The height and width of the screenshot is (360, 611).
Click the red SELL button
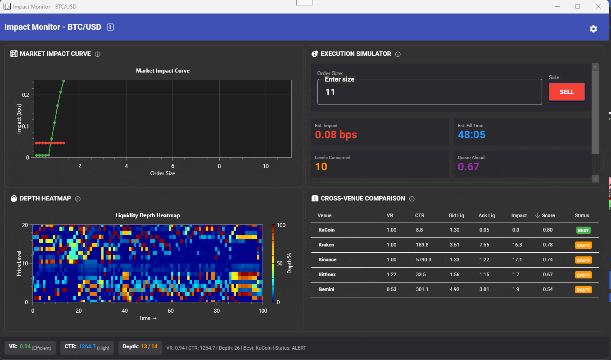point(566,92)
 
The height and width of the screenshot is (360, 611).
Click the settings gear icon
point(593,29)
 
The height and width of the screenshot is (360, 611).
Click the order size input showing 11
point(429,92)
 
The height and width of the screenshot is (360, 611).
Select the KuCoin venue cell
point(326,230)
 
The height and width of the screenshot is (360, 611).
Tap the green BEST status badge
point(583,231)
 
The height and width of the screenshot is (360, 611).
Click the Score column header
point(548,215)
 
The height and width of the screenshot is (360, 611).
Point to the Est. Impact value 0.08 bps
point(336,135)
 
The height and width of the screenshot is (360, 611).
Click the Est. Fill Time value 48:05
point(471,135)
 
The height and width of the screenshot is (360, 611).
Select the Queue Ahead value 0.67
point(468,167)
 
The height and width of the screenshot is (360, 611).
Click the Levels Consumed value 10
point(321,167)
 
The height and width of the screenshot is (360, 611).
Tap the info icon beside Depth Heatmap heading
point(78,199)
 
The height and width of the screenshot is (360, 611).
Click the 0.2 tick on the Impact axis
point(25,95)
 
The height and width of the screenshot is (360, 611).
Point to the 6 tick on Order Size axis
point(173,166)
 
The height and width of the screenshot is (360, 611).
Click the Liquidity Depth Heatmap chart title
point(148,215)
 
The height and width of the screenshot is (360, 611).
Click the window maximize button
point(578,6)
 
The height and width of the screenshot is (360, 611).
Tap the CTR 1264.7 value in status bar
point(87,346)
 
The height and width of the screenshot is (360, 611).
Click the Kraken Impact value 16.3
point(517,245)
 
